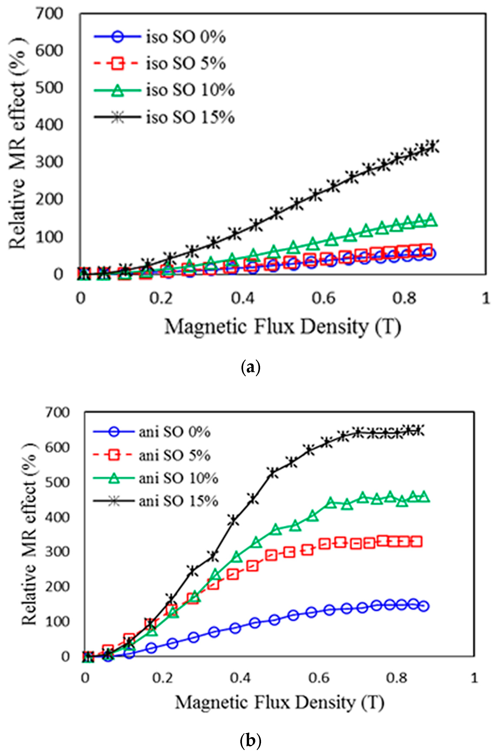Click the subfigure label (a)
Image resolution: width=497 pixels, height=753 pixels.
250,368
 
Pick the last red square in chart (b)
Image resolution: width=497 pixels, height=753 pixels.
417,542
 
